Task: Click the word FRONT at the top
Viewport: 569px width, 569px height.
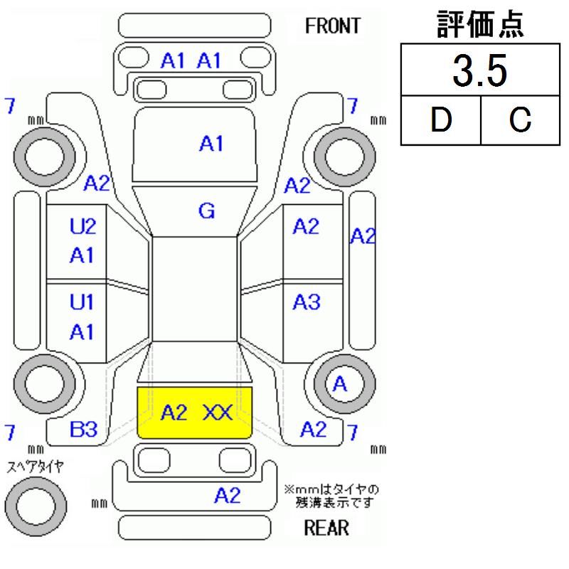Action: click(x=333, y=26)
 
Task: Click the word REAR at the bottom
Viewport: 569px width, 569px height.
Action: click(x=326, y=528)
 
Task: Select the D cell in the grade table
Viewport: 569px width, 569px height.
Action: click(x=440, y=119)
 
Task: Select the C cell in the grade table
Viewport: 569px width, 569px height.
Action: click(x=520, y=119)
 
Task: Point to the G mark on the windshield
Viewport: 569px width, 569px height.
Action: click(x=207, y=211)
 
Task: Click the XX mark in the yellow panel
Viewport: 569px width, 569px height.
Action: click(x=218, y=413)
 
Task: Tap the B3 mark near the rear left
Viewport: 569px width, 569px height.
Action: click(x=84, y=429)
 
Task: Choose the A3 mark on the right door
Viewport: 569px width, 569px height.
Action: click(x=307, y=302)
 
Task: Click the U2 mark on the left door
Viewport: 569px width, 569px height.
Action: click(x=83, y=227)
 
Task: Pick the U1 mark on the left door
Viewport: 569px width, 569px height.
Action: click(x=83, y=302)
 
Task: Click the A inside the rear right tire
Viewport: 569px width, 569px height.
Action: click(x=340, y=385)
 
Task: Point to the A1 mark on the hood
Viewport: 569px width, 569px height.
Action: click(x=211, y=144)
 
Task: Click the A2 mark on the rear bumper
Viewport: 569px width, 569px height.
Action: click(x=228, y=496)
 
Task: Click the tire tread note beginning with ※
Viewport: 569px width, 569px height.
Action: click(x=331, y=496)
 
